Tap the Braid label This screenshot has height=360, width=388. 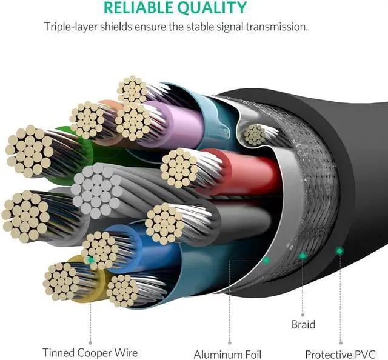coord(303,324)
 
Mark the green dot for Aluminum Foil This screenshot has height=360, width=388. coord(266,260)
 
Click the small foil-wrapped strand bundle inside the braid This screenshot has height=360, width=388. coord(254,134)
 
